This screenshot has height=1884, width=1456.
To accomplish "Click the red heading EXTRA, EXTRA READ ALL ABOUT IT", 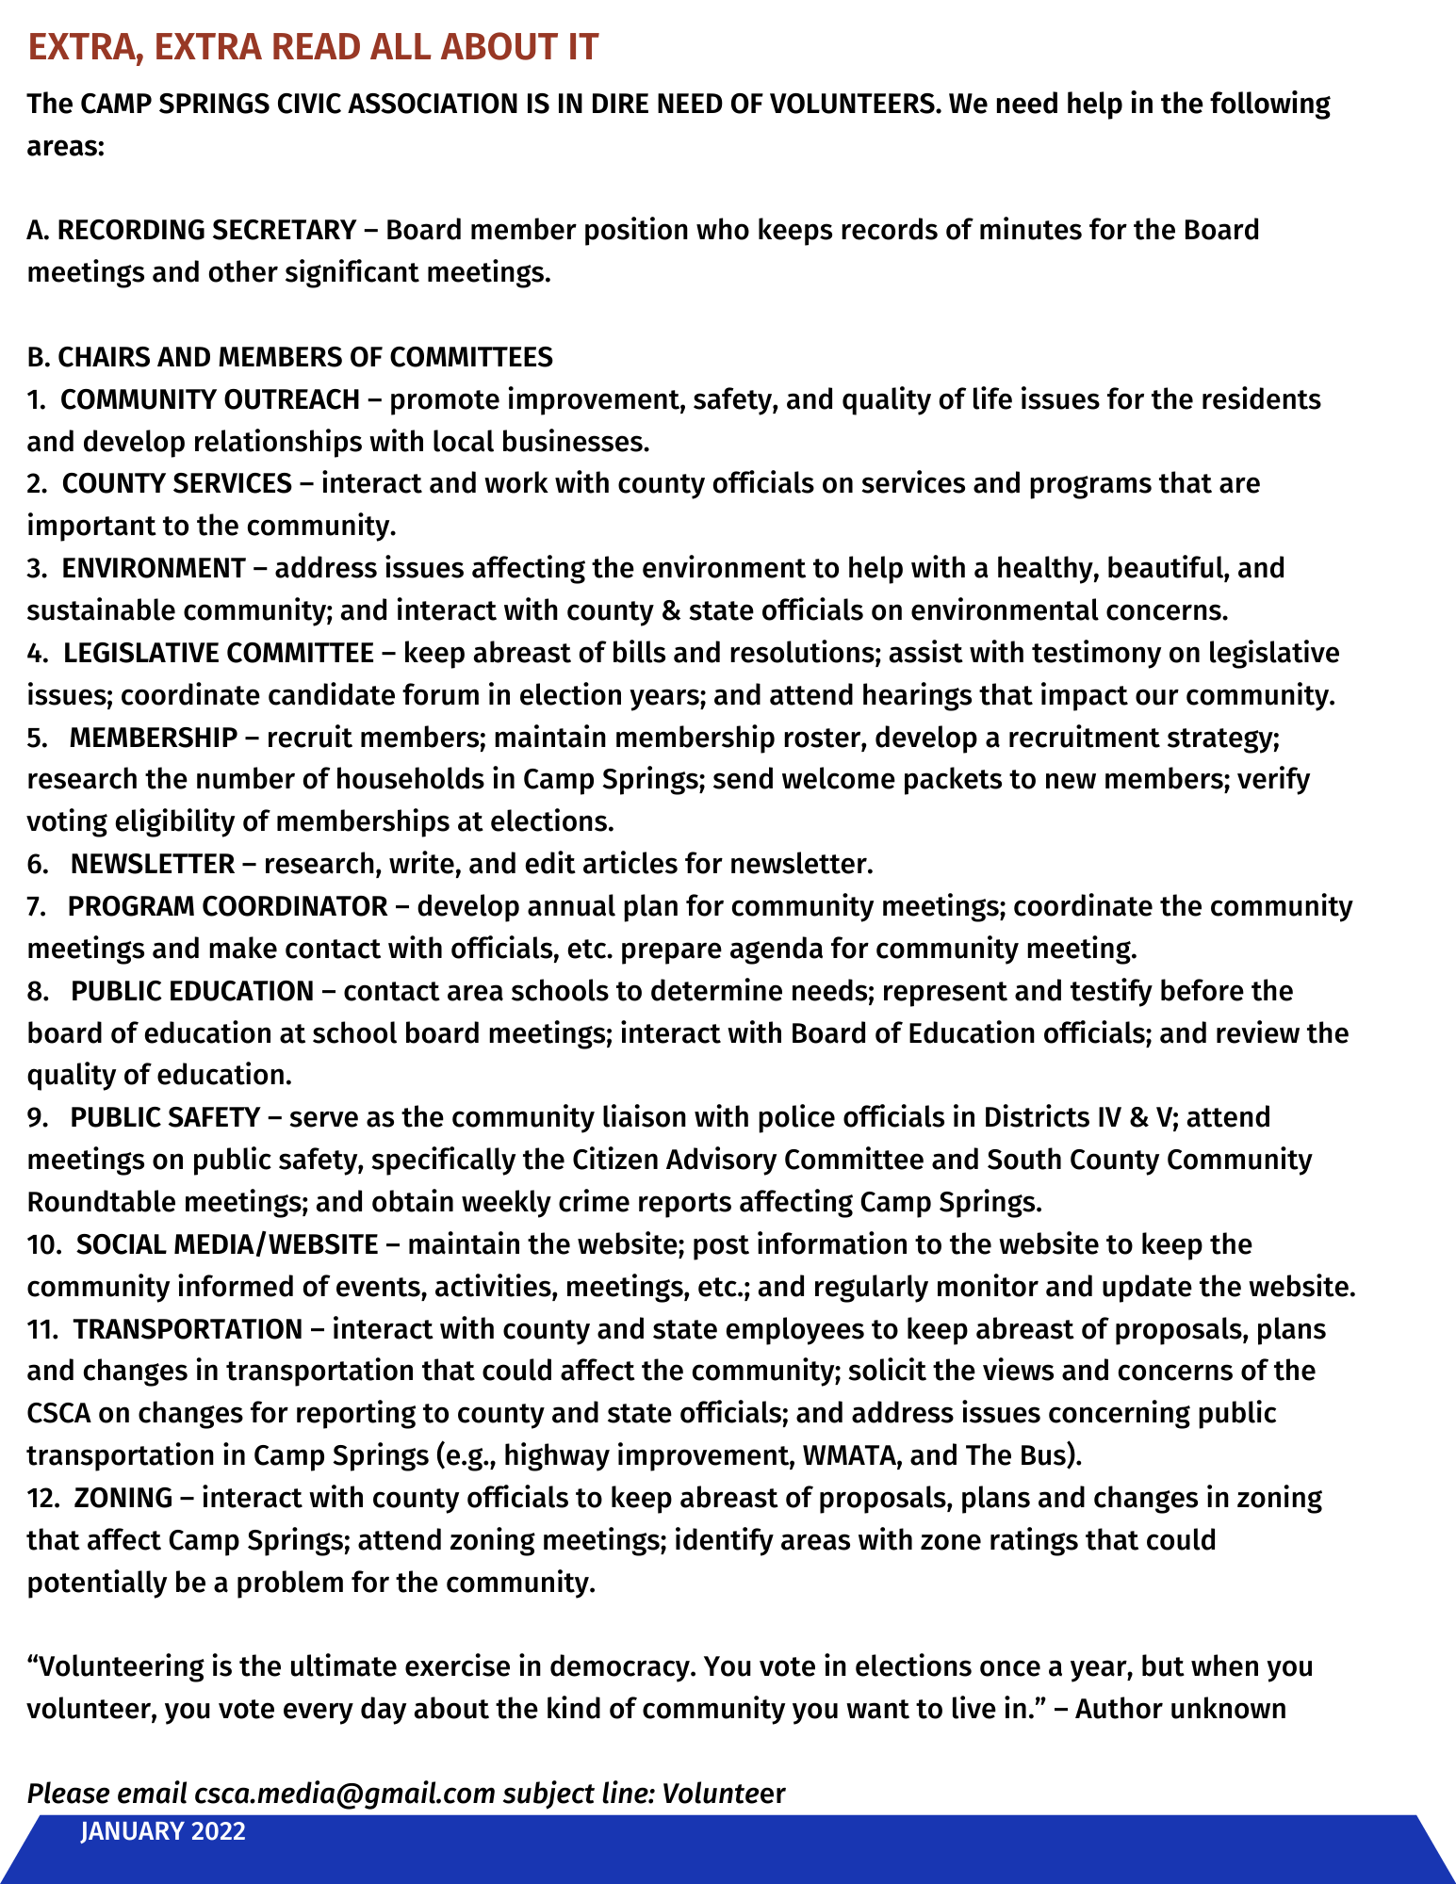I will click(x=313, y=47).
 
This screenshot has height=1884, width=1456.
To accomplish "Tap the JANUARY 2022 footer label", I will click(x=163, y=1832).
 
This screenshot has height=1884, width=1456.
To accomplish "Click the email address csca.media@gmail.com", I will click(x=345, y=1794).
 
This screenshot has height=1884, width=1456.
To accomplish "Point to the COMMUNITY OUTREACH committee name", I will click(x=210, y=399).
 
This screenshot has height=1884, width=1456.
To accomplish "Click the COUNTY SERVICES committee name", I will click(x=177, y=483).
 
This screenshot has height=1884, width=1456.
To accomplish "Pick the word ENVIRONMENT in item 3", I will click(x=154, y=568).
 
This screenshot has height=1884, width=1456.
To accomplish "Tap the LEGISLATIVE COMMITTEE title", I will click(x=219, y=653).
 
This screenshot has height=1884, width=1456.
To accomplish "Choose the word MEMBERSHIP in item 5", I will click(x=154, y=738).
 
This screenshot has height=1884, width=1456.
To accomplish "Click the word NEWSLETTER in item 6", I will click(x=153, y=864).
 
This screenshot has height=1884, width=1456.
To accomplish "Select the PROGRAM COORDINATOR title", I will click(x=228, y=906).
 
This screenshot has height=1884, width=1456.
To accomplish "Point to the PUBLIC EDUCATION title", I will click(x=192, y=991).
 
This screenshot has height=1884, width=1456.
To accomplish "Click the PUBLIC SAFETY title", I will click(x=165, y=1117).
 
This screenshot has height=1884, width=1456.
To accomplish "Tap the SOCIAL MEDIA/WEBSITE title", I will click(x=227, y=1244).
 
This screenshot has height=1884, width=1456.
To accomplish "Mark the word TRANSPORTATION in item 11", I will click(x=188, y=1329).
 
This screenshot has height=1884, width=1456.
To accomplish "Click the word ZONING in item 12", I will click(x=123, y=1498).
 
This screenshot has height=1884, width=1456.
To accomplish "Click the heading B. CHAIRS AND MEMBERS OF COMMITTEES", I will click(x=290, y=357).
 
